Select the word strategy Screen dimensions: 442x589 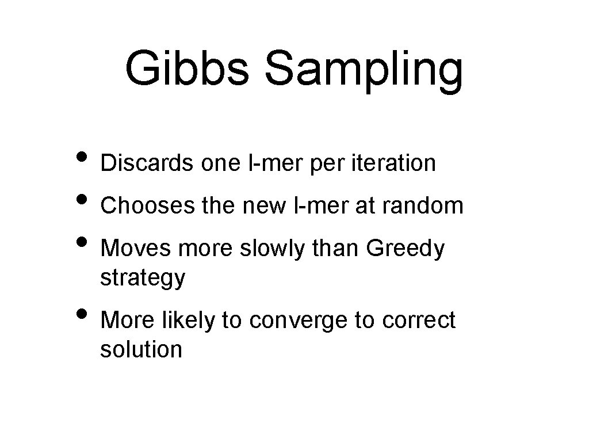(x=143, y=279)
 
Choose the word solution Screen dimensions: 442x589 (x=141, y=349)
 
